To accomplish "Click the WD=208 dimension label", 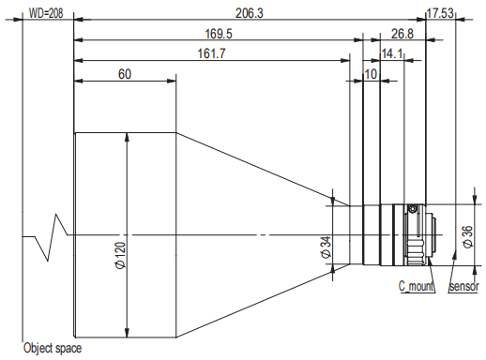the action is (x=46, y=13).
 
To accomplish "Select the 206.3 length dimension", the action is (x=250, y=13).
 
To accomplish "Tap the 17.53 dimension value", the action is (x=440, y=13).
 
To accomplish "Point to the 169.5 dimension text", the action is (x=219, y=34).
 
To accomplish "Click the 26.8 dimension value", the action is (x=402, y=34).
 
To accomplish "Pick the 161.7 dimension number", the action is (x=211, y=53).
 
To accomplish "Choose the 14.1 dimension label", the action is (x=392, y=53).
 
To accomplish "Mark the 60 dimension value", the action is (x=125, y=74).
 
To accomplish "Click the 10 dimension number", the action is (x=371, y=74).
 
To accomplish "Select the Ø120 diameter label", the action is (x=121, y=255).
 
